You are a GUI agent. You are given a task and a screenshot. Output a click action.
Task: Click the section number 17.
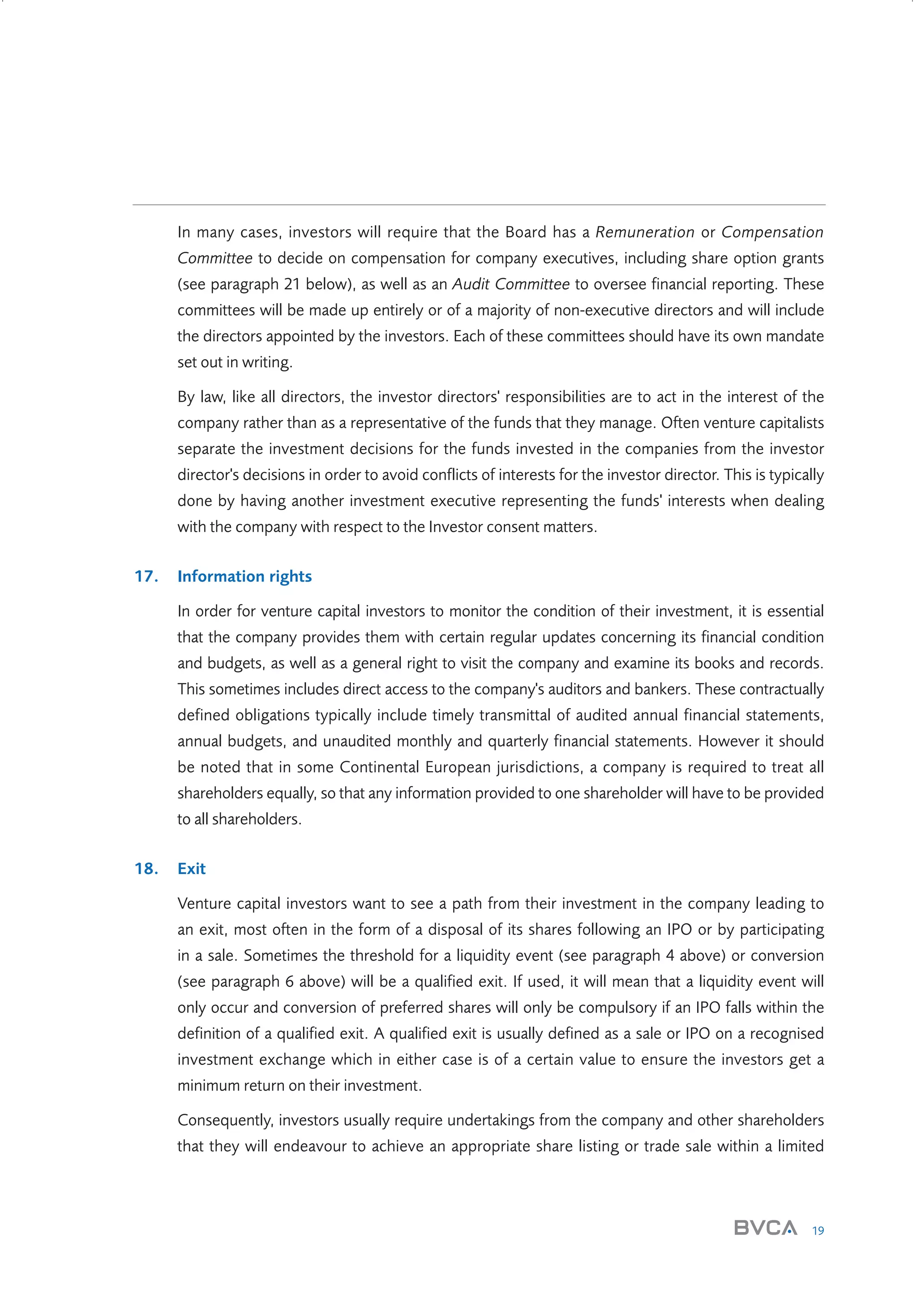click(x=146, y=576)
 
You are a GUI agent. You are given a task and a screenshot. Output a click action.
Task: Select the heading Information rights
click(x=244, y=576)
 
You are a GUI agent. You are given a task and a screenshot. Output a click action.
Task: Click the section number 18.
click(x=146, y=868)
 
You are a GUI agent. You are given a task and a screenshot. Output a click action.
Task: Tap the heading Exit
click(x=192, y=868)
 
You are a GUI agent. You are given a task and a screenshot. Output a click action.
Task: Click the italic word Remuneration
click(x=645, y=232)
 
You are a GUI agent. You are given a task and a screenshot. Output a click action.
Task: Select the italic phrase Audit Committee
click(x=510, y=284)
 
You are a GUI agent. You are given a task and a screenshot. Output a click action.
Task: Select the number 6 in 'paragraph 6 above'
click(x=289, y=981)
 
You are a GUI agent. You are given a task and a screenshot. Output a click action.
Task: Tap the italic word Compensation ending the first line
click(x=772, y=232)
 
